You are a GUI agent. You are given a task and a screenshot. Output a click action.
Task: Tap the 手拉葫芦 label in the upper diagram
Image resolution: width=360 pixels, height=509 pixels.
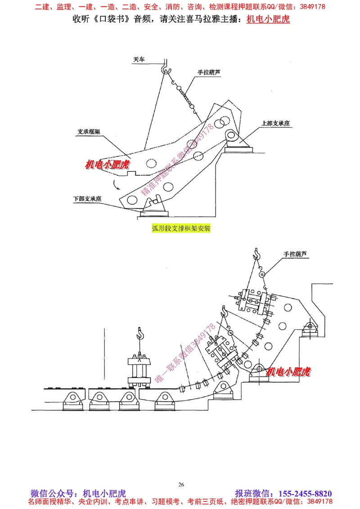(x=209, y=72)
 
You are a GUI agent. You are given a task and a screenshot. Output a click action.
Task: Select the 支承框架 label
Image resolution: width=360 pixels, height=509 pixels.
(x=88, y=132)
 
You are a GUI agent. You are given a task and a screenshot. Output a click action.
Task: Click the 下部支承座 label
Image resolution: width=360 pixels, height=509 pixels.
(x=87, y=198)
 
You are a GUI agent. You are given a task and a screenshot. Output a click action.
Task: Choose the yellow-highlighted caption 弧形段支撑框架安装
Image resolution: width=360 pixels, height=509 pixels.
(x=181, y=228)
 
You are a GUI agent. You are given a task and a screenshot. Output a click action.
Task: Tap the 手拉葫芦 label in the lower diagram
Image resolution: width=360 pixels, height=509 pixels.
(x=295, y=254)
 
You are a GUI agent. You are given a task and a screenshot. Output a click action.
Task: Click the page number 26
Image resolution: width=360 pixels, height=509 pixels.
(x=181, y=484)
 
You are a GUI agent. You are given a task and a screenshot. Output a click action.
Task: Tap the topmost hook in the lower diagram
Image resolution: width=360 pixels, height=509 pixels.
(x=257, y=254)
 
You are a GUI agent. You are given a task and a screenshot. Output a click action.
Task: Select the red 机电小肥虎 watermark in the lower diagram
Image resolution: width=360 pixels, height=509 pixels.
(x=288, y=371)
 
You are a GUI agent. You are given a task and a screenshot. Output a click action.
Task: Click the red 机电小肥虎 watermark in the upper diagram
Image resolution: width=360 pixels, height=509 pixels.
(x=107, y=165)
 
